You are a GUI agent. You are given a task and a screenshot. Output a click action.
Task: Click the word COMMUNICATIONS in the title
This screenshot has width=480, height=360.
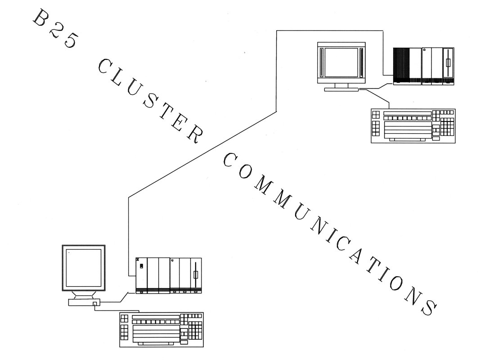click(330, 234)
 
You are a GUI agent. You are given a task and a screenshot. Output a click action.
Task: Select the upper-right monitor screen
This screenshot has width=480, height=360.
click(341, 63)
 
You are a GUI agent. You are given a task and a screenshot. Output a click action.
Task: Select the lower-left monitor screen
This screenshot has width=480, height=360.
click(84, 268)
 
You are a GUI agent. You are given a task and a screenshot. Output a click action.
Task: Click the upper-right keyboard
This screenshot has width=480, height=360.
click(413, 126)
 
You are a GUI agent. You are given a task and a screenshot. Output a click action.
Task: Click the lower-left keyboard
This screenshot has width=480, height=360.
click(161, 330)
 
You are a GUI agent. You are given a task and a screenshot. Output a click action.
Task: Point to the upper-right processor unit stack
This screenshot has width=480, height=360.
click(423, 66)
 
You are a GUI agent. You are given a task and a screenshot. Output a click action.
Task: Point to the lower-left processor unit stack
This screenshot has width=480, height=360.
click(169, 276)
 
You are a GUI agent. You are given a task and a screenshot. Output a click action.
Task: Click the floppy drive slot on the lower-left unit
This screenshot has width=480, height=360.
click(196, 274)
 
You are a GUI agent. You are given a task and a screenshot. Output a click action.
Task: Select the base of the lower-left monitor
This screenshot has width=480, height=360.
click(84, 302)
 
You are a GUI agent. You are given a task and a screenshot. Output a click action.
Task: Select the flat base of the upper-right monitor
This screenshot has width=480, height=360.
click(341, 90)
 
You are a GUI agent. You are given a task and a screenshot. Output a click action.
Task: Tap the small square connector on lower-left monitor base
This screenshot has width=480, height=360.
click(95, 304)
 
